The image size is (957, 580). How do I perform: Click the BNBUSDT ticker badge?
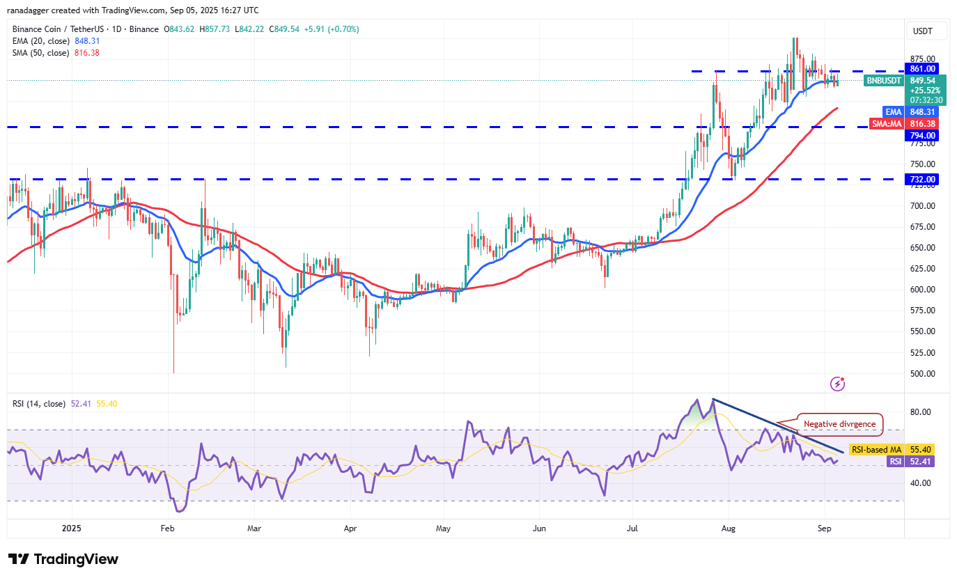coord(883,81)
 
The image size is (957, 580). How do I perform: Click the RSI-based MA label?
coord(876,450)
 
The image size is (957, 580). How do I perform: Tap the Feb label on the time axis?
coord(167,528)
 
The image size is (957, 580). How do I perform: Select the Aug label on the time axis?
coord(728,528)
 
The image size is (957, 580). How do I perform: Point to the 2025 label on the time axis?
coord(72,528)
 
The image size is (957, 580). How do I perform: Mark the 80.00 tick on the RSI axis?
coord(921,412)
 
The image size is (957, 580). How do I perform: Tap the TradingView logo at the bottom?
coord(63,559)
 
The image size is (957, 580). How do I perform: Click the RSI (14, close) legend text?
coord(40,404)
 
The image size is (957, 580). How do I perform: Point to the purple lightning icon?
coord(838,384)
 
